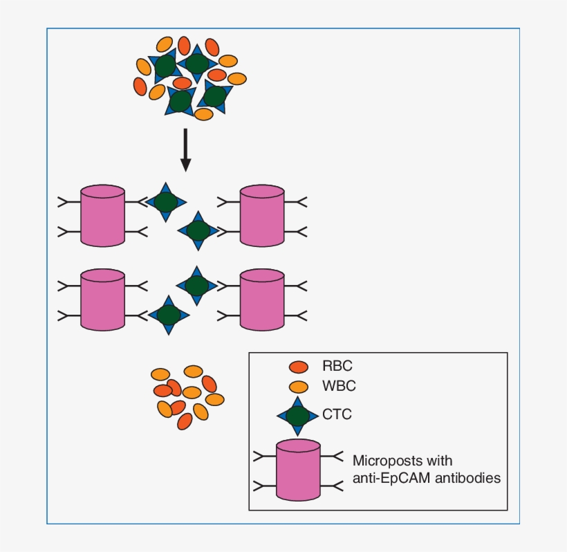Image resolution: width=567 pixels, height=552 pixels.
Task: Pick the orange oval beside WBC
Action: (x=299, y=386)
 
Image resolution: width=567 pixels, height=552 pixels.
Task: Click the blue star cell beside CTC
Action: (x=298, y=416)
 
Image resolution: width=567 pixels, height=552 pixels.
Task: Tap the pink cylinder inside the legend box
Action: (x=298, y=470)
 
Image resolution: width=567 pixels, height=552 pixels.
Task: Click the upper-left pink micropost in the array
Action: (x=102, y=215)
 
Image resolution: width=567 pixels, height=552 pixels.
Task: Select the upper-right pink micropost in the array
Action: (x=261, y=215)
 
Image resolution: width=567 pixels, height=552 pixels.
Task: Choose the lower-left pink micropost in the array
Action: (x=102, y=299)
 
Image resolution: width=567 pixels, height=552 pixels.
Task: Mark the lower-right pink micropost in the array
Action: (x=261, y=299)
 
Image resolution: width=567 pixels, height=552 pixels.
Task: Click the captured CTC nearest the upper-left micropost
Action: (x=166, y=202)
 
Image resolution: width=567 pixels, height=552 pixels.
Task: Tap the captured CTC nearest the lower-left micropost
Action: (x=168, y=315)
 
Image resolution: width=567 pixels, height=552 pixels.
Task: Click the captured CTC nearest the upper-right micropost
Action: (x=198, y=230)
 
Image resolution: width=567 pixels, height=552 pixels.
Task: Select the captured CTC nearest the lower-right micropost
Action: (x=197, y=285)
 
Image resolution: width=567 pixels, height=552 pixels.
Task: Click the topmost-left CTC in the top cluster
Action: (x=165, y=67)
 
